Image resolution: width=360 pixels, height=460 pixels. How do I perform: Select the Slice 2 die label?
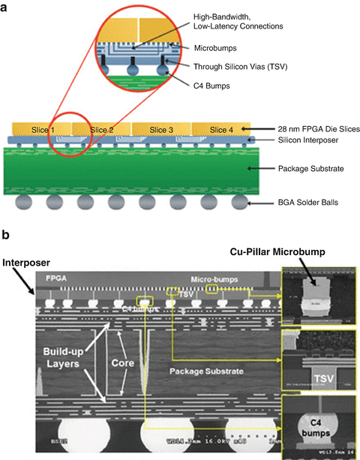(x=102, y=130)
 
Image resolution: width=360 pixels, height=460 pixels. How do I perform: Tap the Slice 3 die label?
(x=161, y=130)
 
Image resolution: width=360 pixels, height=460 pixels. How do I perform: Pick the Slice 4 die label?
(x=220, y=130)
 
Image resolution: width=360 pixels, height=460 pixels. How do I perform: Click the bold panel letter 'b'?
(x=5, y=233)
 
